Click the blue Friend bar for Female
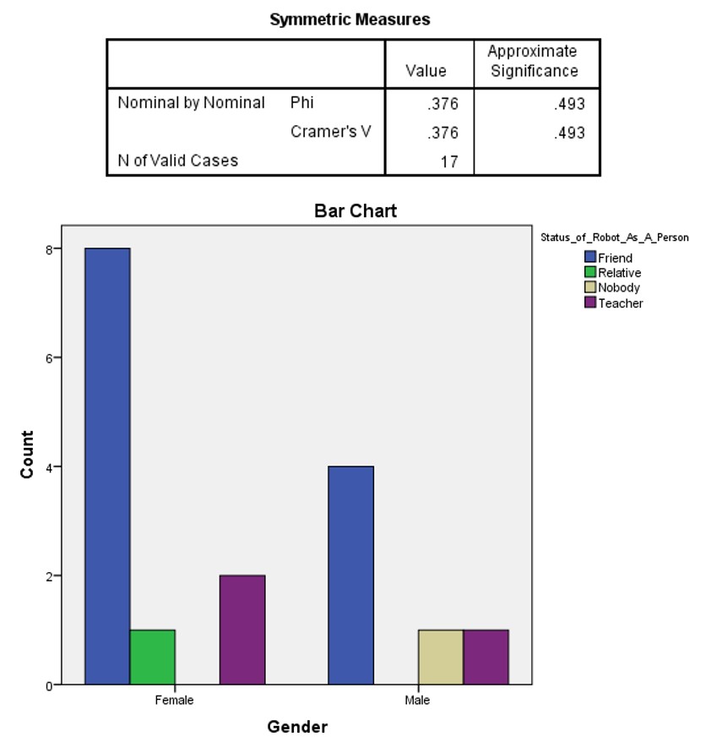point(107,466)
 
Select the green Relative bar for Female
point(152,657)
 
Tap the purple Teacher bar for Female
point(242,630)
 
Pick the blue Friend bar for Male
point(350,575)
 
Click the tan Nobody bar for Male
point(441,657)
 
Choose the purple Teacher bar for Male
point(486,657)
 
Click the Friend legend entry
point(615,258)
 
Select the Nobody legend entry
point(618,288)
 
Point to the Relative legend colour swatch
point(590,273)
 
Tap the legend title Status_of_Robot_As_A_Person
point(614,237)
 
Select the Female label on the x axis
point(174,701)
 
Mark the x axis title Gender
point(297,727)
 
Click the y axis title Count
point(27,455)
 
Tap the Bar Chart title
point(355,211)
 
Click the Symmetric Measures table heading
point(350,19)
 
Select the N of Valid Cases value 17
point(449,161)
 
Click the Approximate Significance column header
point(534,62)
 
